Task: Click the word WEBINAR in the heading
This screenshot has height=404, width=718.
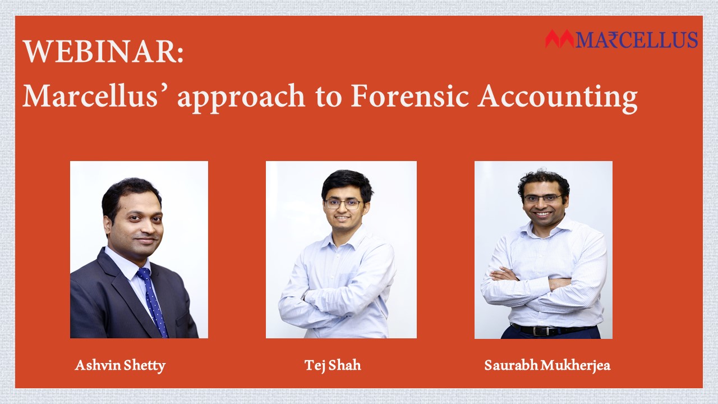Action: [x=100, y=52]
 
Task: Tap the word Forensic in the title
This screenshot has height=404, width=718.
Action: [x=410, y=96]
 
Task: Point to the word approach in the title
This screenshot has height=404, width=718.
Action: [x=241, y=98]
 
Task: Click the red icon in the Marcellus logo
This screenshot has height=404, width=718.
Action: [x=560, y=39]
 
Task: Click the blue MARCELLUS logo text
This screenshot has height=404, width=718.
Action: [x=636, y=40]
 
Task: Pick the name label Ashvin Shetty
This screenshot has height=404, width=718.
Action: [x=120, y=365]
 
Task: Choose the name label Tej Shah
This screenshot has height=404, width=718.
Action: [x=333, y=365]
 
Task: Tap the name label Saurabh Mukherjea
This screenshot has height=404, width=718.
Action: [x=547, y=365]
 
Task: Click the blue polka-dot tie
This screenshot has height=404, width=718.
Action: [x=153, y=301]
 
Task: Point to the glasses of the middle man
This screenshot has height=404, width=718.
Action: [x=343, y=204]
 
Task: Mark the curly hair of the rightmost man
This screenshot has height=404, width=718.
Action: [x=544, y=183]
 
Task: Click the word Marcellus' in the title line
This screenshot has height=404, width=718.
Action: [x=90, y=96]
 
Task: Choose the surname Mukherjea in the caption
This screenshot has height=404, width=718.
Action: [x=576, y=365]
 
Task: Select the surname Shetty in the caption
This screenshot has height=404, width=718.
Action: [x=145, y=366]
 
